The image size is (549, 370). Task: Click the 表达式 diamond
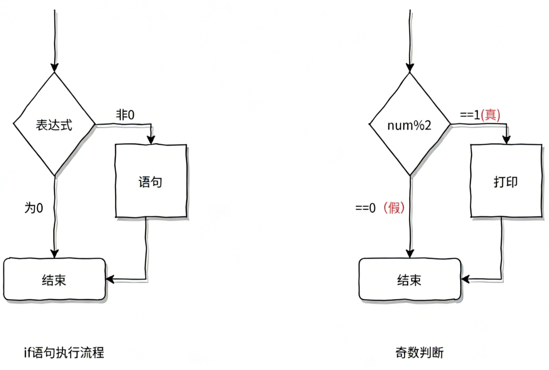(54, 124)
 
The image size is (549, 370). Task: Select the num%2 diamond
(410, 125)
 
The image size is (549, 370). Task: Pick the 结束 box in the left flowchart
(55, 280)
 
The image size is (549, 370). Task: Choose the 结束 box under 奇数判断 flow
(410, 280)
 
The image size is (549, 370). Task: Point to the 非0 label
(125, 115)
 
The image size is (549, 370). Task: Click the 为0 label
(33, 207)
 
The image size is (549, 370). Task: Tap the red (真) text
(490, 115)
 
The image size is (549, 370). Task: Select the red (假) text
(394, 208)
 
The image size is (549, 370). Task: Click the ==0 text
(366, 208)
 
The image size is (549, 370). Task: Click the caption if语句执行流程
(64, 353)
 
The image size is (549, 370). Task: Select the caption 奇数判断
(419, 353)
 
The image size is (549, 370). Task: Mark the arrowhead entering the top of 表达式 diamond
(55, 67)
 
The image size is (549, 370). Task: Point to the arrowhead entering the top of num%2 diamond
(410, 67)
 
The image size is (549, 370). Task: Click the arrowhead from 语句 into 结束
(111, 279)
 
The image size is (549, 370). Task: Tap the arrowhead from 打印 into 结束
(466, 279)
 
